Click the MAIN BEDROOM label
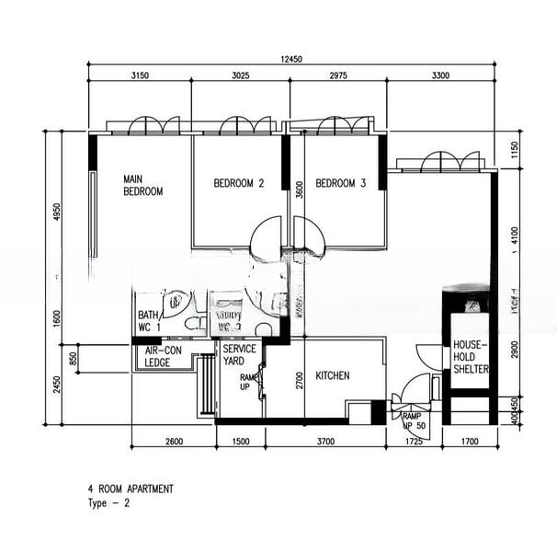pyautogui.click(x=142, y=185)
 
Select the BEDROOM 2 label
pyautogui.click(x=239, y=184)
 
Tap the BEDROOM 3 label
pyautogui.click(x=341, y=184)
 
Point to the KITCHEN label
pyautogui.click(x=333, y=376)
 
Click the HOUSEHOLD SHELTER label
pyautogui.click(x=469, y=357)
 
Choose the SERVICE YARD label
pyautogui.click(x=239, y=355)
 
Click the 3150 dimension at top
pyautogui.click(x=141, y=75)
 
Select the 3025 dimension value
pyautogui.click(x=240, y=75)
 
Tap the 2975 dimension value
pyautogui.click(x=337, y=75)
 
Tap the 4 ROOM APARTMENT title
pyautogui.click(x=130, y=490)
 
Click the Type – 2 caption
pyautogui.click(x=108, y=504)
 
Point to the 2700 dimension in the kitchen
pyautogui.click(x=300, y=381)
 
